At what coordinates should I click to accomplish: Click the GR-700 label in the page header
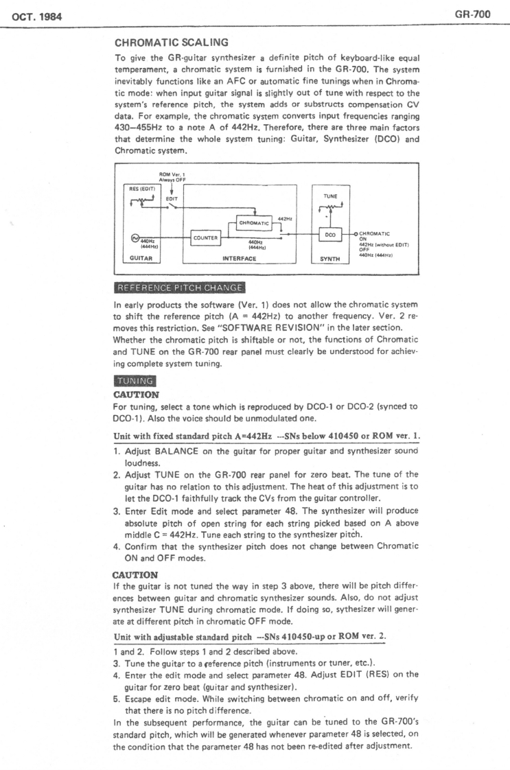[x=478, y=14]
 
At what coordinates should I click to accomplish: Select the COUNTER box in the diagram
[x=206, y=238]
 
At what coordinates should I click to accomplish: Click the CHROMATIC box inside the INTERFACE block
[x=254, y=222]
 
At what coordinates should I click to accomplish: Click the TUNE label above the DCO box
[x=329, y=195]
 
